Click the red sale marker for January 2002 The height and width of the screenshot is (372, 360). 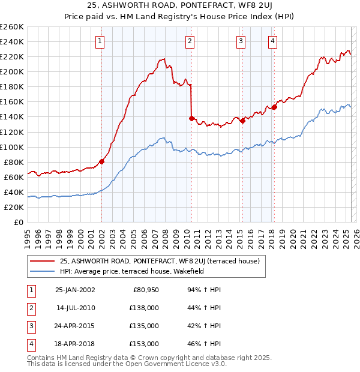(x=101, y=161)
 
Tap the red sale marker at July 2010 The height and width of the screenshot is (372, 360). (x=191, y=118)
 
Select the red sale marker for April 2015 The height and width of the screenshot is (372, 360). (x=242, y=121)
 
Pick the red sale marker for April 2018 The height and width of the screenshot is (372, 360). (x=274, y=107)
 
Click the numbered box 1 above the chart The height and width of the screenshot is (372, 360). (x=99, y=41)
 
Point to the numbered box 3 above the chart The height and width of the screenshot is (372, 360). (x=240, y=41)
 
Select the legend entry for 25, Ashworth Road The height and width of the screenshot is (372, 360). (x=159, y=261)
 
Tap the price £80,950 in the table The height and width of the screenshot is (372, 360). (x=146, y=290)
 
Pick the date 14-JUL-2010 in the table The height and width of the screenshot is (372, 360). (x=75, y=308)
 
